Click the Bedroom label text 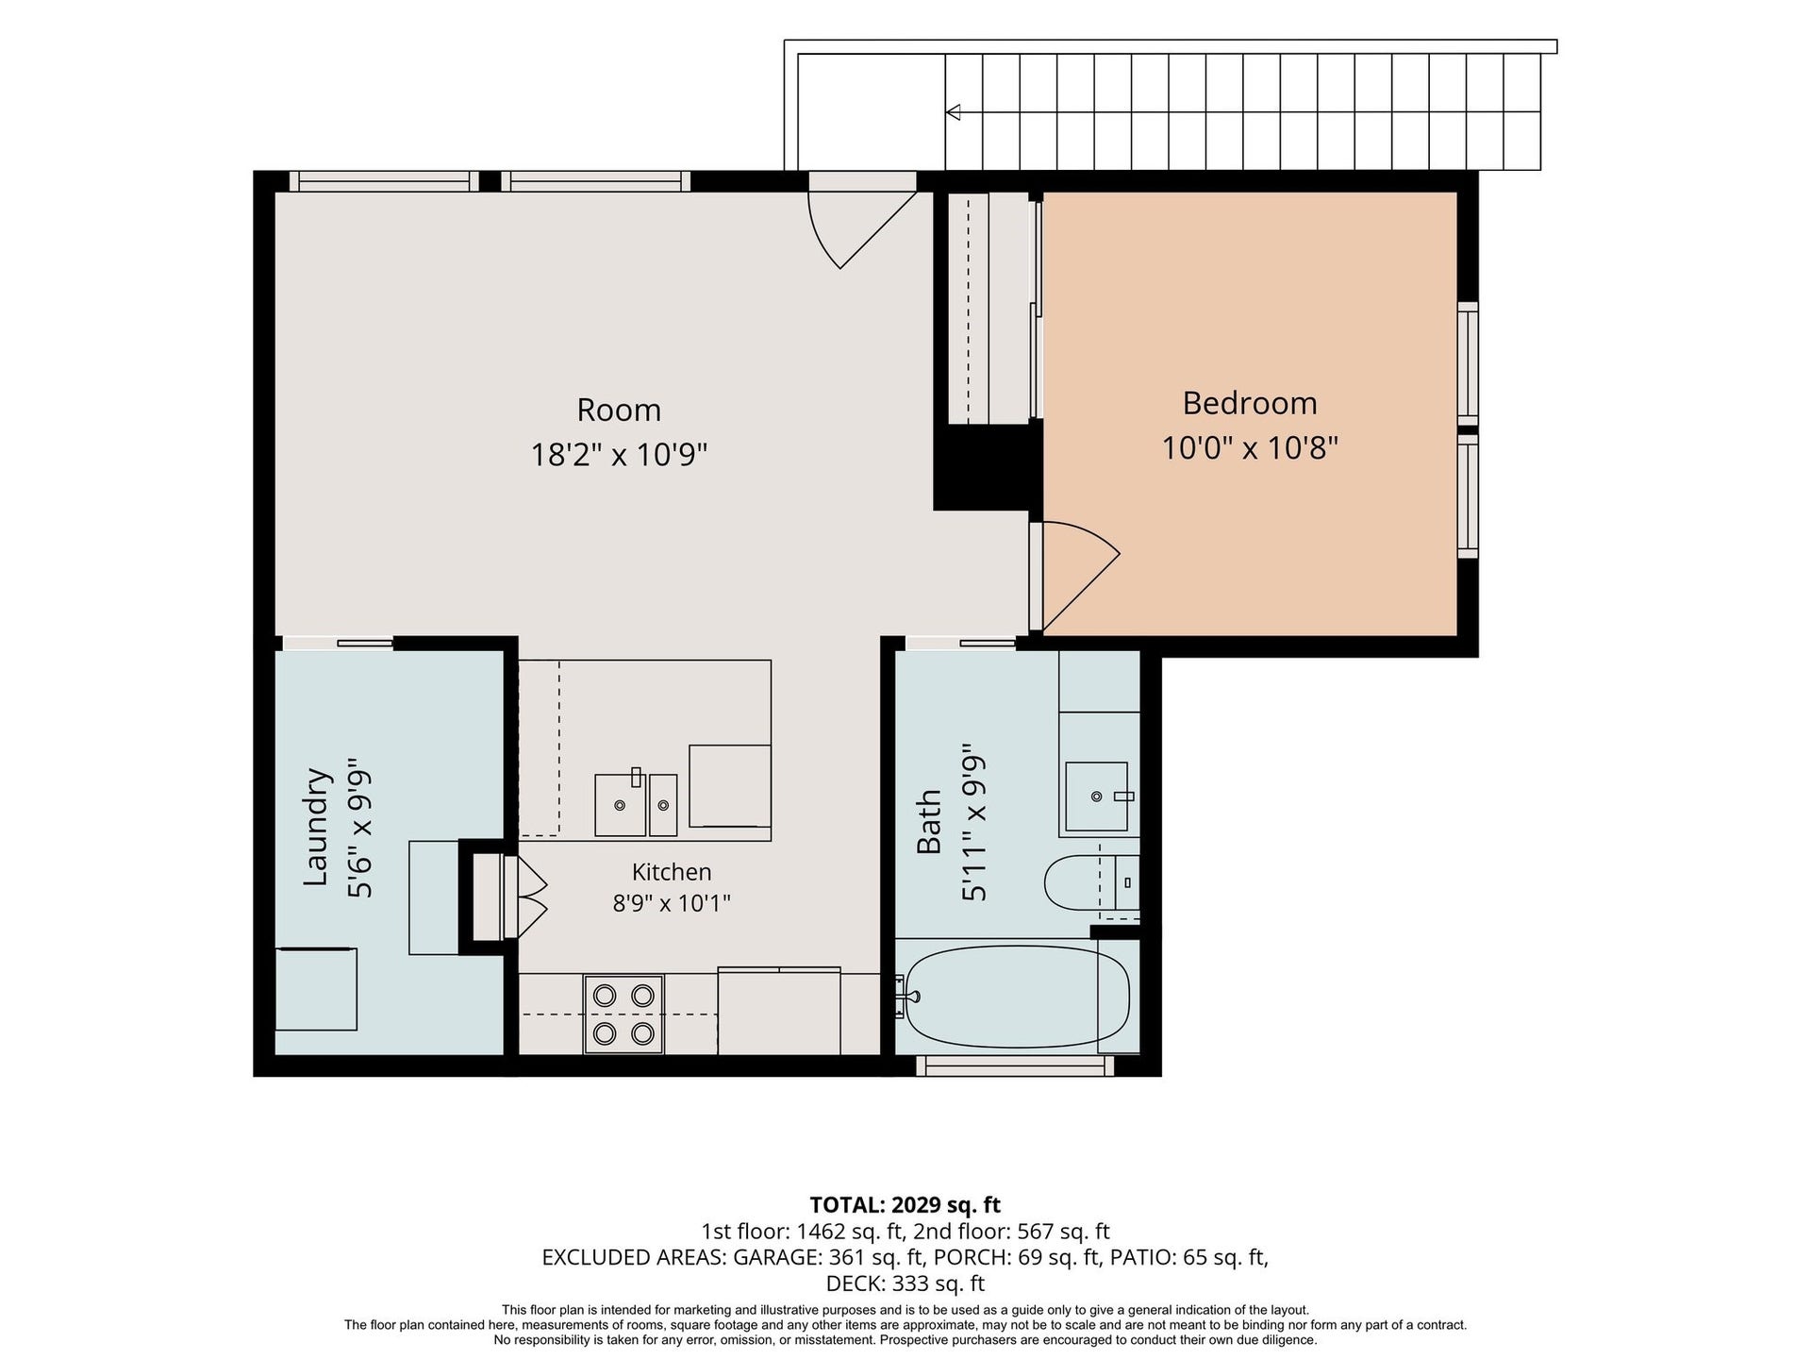[1250, 403]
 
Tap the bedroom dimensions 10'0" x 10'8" [1250, 447]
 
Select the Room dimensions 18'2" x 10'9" [619, 455]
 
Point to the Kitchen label [672, 872]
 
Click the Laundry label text [317, 827]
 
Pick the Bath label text [929, 822]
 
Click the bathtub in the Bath [1015, 997]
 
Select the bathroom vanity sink [1097, 797]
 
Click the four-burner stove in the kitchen [623, 1015]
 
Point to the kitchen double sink [636, 803]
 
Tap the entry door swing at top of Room [862, 229]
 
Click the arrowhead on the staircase [954, 112]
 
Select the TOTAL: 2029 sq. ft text [905, 1205]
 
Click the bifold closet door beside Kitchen [525, 897]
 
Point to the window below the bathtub [1015, 1065]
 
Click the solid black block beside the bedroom [988, 467]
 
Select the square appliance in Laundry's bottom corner [316, 989]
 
